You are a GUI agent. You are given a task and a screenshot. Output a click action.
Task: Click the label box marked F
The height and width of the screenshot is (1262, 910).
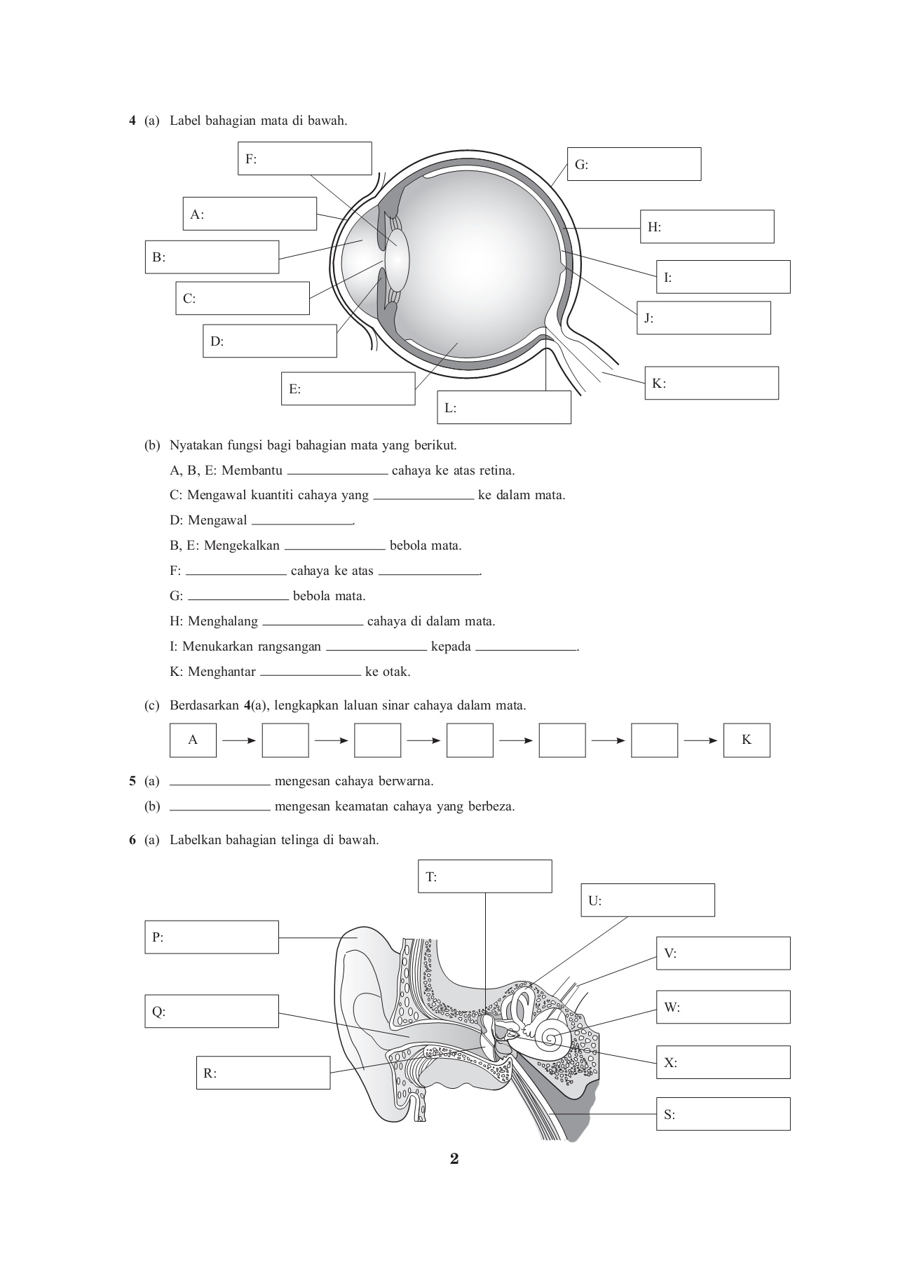click(x=304, y=158)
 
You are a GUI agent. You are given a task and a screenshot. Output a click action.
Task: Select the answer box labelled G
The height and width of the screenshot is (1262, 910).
click(x=634, y=164)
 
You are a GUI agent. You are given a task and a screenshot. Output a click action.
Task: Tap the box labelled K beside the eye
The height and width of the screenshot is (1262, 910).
click(x=711, y=383)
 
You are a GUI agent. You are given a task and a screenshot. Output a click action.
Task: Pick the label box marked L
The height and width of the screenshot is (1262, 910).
click(x=504, y=407)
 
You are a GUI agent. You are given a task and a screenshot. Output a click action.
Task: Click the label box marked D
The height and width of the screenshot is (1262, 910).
click(x=270, y=341)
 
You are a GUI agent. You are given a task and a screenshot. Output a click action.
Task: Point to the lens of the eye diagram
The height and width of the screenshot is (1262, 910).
click(x=397, y=259)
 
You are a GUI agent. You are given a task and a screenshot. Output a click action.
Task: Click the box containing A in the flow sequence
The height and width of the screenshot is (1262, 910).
click(x=193, y=740)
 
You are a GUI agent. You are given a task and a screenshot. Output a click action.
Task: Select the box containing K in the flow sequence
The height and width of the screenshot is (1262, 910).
click(x=746, y=740)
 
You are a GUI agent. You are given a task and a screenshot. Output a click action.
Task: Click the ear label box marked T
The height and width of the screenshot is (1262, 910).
click(x=484, y=876)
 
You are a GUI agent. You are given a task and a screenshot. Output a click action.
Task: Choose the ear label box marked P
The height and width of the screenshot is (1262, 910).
click(x=212, y=937)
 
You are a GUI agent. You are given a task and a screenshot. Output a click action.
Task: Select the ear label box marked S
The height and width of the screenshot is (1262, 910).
click(x=723, y=1114)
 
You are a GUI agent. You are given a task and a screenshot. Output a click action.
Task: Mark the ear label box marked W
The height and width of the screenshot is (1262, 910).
click(x=723, y=1007)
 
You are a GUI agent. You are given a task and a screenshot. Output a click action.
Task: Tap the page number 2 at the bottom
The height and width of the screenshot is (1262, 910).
click(x=454, y=1159)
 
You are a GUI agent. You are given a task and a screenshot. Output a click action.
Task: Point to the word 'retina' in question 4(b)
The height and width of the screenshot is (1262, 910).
click(x=497, y=470)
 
